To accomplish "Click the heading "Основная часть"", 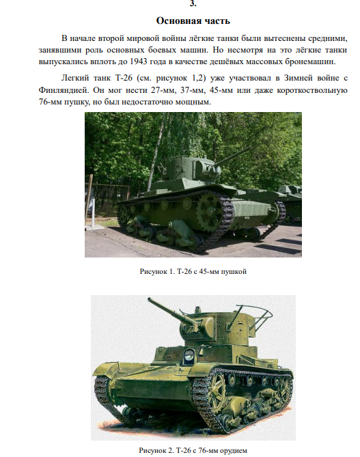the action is [193, 20].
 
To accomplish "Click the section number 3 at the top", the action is [193, 3].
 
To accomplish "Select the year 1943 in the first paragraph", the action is [139, 61].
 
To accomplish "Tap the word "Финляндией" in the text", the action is [64, 90].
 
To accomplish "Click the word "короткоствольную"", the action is [312, 90].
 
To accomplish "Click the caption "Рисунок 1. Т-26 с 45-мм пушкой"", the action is [193, 271].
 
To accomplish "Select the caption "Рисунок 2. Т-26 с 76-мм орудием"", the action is [193, 450].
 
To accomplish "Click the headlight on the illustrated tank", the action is [189, 355].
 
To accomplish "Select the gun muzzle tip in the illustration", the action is [150, 299].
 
